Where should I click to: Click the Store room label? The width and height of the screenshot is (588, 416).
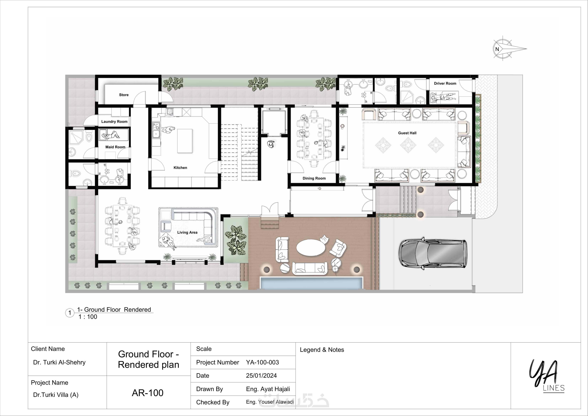point(124,95)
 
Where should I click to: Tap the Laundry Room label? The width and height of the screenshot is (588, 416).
point(114,121)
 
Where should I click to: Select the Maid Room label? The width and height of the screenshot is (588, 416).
point(115,147)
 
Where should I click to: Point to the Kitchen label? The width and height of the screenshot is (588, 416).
point(180,168)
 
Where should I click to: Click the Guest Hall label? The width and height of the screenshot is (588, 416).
point(407,133)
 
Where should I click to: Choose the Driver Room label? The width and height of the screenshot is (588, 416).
point(445,83)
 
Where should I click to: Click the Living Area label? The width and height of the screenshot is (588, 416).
point(187,232)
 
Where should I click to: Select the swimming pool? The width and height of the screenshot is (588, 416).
point(312,283)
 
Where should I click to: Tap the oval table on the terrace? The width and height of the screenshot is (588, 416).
point(311,248)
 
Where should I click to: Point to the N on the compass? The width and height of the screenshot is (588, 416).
point(497,49)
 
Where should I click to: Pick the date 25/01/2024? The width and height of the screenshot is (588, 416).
point(261,375)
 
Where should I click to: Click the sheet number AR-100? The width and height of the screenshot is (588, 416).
point(148,393)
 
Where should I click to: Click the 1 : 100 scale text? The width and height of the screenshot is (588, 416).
point(88,317)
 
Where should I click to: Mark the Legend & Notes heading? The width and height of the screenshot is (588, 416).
point(322,350)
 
